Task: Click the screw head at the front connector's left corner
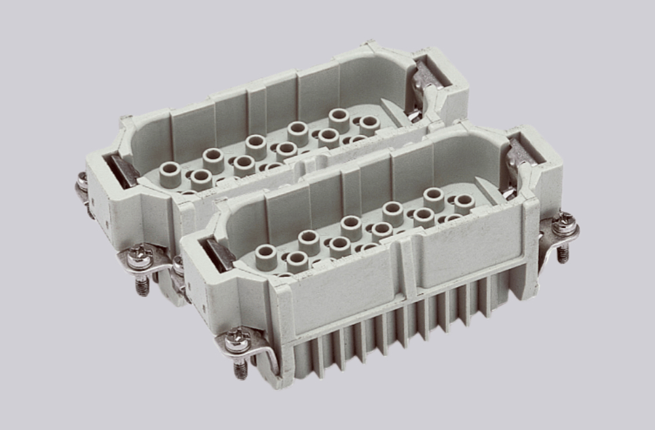click(236, 339)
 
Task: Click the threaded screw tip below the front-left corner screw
click(241, 370)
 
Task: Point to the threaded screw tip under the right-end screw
click(563, 254)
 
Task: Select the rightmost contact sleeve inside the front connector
click(464, 203)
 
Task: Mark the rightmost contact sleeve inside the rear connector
click(369, 124)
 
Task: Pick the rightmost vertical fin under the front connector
click(485, 298)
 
